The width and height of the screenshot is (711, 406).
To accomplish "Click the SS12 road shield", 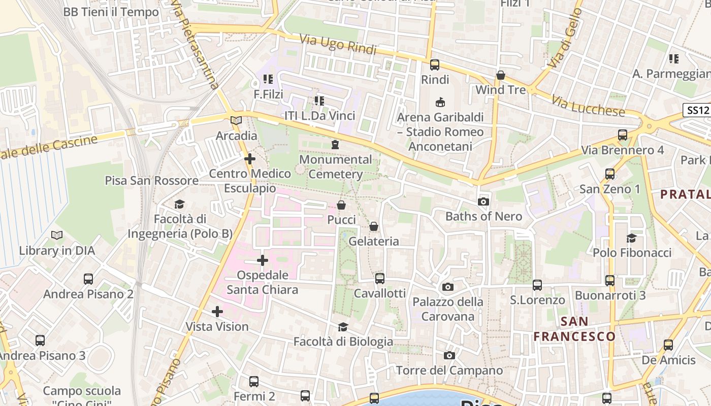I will pyautogui.click(x=696, y=110).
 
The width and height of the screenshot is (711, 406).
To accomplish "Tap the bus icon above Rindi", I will pyautogui.click(x=435, y=64).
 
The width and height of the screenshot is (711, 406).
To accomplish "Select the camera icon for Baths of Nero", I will pyautogui.click(x=483, y=201).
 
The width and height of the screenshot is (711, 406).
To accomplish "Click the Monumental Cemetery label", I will pyautogui.click(x=335, y=167).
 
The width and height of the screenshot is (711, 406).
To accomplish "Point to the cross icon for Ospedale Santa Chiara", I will pyautogui.click(x=262, y=260).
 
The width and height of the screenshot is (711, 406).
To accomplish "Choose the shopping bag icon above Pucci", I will pyautogui.click(x=341, y=205).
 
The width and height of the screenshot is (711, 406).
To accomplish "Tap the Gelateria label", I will pyautogui.click(x=374, y=241).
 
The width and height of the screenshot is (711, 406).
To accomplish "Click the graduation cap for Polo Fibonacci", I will pyautogui.click(x=631, y=238).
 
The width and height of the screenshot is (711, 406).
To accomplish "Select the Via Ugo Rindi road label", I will pyautogui.click(x=338, y=45).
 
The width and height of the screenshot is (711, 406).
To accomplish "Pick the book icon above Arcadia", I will pyautogui.click(x=236, y=120).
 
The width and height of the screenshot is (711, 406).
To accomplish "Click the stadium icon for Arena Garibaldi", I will pyautogui.click(x=440, y=102).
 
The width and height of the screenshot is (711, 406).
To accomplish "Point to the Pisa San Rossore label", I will pyautogui.click(x=151, y=181).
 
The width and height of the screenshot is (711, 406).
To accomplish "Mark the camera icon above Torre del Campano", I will pyautogui.click(x=449, y=355).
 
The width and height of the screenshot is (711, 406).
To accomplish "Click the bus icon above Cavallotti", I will pyautogui.click(x=379, y=278).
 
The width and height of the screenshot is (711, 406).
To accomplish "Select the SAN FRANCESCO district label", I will pyautogui.click(x=574, y=329).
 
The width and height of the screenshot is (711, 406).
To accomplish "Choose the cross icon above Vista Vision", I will pyautogui.click(x=217, y=311).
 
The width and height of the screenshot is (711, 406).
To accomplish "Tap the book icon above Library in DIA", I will pyautogui.click(x=57, y=235).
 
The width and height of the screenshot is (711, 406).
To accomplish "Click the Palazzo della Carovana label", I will pyautogui.click(x=447, y=309).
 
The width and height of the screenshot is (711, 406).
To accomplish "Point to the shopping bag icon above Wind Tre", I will pyautogui.click(x=501, y=75).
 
